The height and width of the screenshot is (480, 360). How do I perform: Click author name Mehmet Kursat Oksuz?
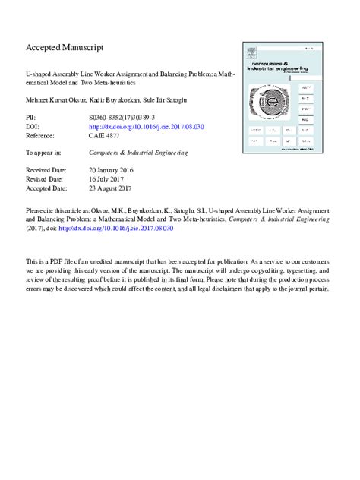(56, 99)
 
